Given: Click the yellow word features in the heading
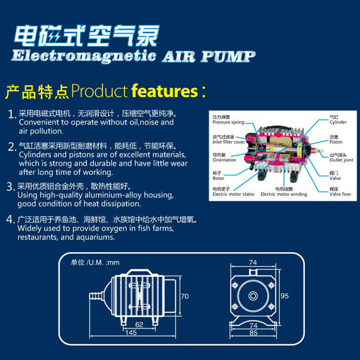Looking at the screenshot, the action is coord(165,91).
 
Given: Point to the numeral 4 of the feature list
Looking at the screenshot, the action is coord(10,221).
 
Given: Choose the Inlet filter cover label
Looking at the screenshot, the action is coord(229,142).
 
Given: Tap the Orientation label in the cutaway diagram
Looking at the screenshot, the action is coord(224,160).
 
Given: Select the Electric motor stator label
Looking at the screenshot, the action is coord(234,194).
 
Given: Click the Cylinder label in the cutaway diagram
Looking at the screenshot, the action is coord(338,122).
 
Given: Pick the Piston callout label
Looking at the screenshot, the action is coord(336,142).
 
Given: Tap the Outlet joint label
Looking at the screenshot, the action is coord(341,160).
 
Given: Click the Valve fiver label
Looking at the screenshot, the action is coord(340,194).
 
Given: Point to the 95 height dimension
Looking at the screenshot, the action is coord(284,296).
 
